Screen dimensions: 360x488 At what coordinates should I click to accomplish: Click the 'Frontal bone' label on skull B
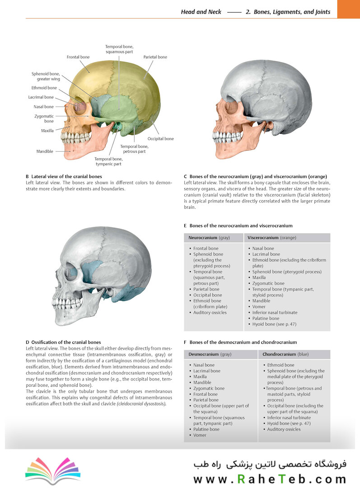[x=78, y=57]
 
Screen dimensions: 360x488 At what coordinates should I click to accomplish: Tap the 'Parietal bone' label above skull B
[x=155, y=57]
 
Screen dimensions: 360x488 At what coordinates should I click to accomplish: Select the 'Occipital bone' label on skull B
[x=160, y=139]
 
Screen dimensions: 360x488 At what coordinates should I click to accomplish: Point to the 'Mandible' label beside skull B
[x=45, y=151]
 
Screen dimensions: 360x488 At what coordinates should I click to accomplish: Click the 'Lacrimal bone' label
[x=41, y=97]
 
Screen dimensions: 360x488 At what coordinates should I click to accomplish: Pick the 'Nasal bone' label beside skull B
[x=44, y=107]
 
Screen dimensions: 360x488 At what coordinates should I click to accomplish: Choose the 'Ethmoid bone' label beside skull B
[x=44, y=88]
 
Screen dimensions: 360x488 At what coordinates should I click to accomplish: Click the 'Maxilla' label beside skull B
[x=47, y=131]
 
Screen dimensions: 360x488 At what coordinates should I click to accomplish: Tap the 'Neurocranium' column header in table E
[x=203, y=238]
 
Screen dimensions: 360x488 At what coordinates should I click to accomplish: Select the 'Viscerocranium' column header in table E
[x=263, y=238]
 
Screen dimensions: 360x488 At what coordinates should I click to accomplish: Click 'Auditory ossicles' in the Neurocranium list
[x=210, y=313]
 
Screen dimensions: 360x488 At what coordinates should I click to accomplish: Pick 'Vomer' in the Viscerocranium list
[x=259, y=306]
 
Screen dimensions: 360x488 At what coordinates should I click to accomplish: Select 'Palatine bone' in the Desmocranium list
[x=206, y=429]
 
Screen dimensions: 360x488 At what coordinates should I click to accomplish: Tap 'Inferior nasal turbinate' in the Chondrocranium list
[x=289, y=418]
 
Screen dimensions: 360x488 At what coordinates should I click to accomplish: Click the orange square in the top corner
[x=349, y=9]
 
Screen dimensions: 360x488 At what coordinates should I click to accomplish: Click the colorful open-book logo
[x=53, y=471]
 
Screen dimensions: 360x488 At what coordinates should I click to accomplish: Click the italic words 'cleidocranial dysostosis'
[x=141, y=404]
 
